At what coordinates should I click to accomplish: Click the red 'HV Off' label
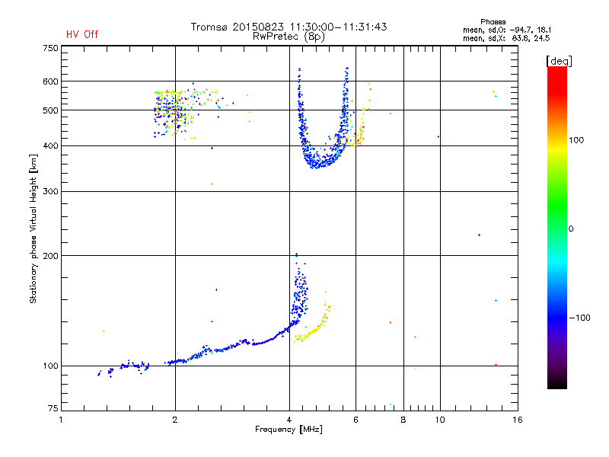click(x=82, y=34)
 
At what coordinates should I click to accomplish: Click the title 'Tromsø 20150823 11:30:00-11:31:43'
click(x=289, y=27)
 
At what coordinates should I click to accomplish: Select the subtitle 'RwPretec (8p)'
click(x=289, y=37)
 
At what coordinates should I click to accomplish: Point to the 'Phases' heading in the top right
click(x=493, y=22)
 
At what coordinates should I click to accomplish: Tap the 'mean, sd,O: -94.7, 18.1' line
click(x=507, y=30)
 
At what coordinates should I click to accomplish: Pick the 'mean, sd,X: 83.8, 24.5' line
click(x=506, y=38)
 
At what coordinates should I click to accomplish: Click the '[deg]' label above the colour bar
click(x=559, y=61)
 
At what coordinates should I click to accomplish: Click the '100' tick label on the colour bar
click(x=576, y=140)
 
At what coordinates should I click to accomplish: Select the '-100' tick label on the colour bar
click(x=579, y=318)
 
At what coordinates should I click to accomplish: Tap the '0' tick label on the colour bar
click(x=571, y=229)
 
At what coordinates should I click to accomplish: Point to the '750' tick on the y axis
click(x=50, y=48)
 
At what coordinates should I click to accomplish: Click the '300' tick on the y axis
click(x=50, y=191)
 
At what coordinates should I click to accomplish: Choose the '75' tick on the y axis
click(x=53, y=408)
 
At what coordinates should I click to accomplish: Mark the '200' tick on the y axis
click(x=50, y=256)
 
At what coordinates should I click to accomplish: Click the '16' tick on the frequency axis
click(x=518, y=420)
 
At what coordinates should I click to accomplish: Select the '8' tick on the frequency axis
click(x=403, y=420)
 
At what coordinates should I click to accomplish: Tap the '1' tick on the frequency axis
click(x=61, y=420)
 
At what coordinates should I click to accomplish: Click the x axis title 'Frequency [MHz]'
click(x=289, y=430)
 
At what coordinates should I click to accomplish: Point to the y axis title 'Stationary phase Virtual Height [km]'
click(x=33, y=229)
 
